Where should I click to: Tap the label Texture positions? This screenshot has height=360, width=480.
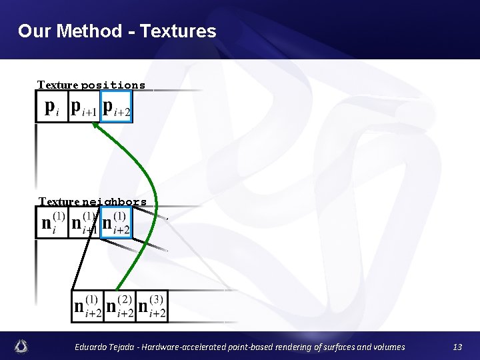click(x=91, y=85)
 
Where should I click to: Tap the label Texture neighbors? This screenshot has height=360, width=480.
click(x=93, y=201)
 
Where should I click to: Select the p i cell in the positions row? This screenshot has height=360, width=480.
click(x=51, y=107)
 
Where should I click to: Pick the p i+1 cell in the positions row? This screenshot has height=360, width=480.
click(x=84, y=107)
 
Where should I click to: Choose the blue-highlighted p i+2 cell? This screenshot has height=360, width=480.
click(x=117, y=107)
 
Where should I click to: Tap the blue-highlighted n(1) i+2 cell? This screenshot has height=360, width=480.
click(x=116, y=222)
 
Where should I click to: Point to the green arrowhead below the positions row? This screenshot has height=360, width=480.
click(x=96, y=126)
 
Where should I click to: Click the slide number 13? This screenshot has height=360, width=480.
click(x=457, y=347)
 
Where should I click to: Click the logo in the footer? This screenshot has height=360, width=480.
click(x=21, y=346)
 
